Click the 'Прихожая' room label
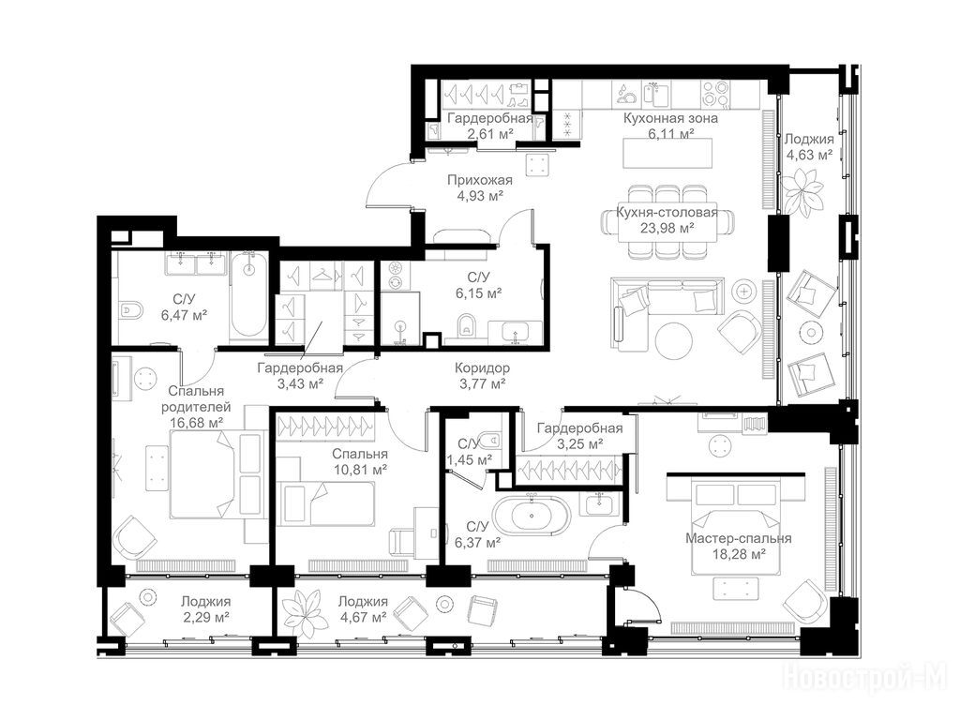tap(479, 180)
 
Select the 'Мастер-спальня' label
tap(739, 539)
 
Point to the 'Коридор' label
tap(482, 368)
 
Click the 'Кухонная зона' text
tap(670, 118)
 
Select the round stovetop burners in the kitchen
tap(715, 94)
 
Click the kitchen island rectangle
tap(667, 153)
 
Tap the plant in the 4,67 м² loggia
tap(306, 613)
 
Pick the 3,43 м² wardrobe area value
tap(300, 383)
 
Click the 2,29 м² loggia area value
tap(205, 617)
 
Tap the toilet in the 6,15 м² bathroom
tap(466, 325)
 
